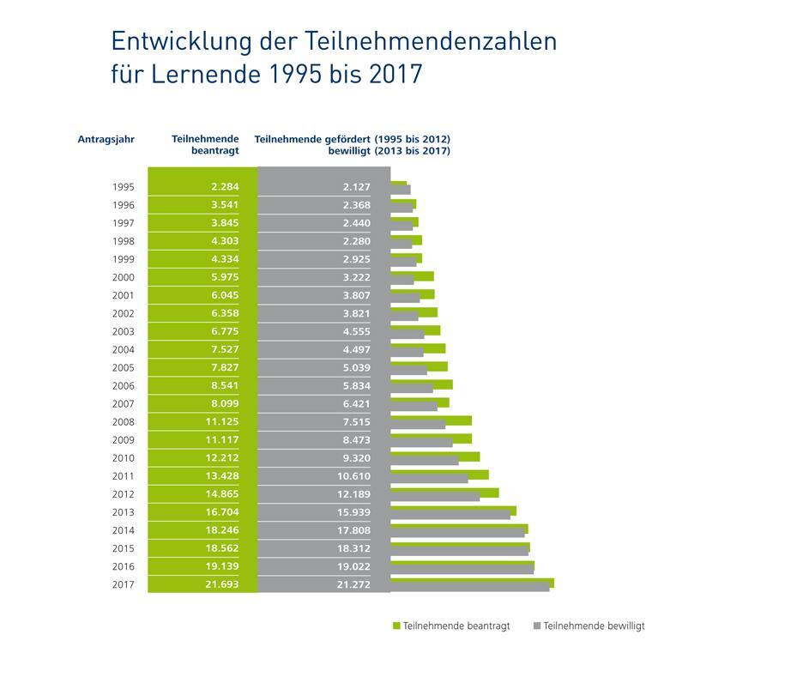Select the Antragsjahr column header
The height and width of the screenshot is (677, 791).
click(x=106, y=138)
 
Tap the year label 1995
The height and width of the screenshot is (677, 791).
click(x=124, y=187)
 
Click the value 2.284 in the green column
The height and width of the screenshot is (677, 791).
click(x=224, y=187)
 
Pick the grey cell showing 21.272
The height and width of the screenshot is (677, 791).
click(x=355, y=584)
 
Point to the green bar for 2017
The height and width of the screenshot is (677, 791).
click(x=472, y=581)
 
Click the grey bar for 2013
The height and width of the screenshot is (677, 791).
click(x=450, y=515)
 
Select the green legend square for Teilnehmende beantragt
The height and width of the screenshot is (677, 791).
click(x=396, y=626)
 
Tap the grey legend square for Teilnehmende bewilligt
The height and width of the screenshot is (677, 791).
click(x=537, y=626)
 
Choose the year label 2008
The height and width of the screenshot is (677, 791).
click(x=124, y=422)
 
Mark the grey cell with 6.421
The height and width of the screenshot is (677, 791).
click(x=355, y=404)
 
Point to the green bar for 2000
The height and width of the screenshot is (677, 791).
click(x=412, y=275)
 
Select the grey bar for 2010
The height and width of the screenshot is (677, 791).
click(x=425, y=461)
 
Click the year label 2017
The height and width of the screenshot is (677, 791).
click(x=124, y=584)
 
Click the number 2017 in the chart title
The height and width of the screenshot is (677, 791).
click(x=397, y=74)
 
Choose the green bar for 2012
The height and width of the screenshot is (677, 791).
click(x=444, y=493)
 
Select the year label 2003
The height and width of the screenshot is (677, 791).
click(x=124, y=332)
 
